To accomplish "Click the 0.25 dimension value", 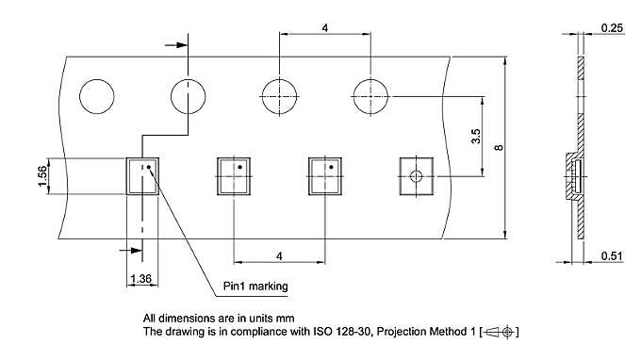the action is (x=612, y=27).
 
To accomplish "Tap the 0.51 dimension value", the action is (x=612, y=255).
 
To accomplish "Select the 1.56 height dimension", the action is (x=42, y=176).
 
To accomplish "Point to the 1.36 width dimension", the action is (x=141, y=279).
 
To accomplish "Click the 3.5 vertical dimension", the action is (x=476, y=136).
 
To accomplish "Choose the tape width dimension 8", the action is (x=499, y=147).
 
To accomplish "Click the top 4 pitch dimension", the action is (x=325, y=27).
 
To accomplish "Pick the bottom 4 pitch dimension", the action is (x=279, y=256).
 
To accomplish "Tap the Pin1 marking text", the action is (x=255, y=286).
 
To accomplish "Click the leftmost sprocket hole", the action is (x=97, y=96).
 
